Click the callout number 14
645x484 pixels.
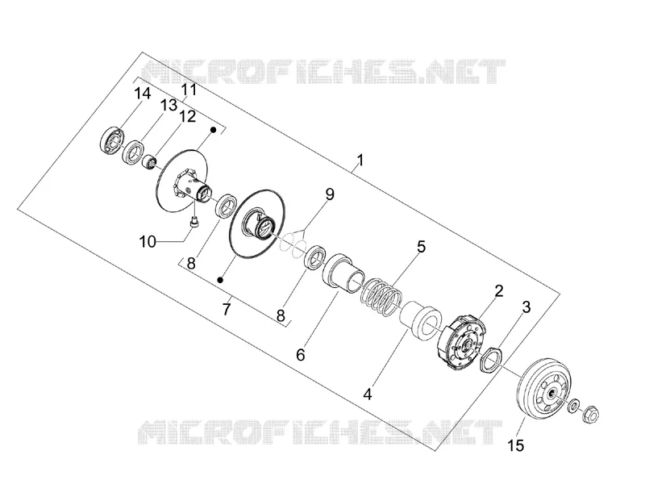point(143,94)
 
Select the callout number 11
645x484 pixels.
point(189,90)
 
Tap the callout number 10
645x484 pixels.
point(148,241)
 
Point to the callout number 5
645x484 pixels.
point(421,247)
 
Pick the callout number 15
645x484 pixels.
point(516,445)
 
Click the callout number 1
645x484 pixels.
point(360,160)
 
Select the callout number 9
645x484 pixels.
point(330,194)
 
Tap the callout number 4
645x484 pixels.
point(368,394)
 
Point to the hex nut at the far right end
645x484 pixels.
point(590,413)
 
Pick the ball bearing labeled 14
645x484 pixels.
point(112,139)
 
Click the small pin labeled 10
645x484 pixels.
point(193,222)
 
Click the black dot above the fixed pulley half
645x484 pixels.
point(214,130)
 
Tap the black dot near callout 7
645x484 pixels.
point(220,280)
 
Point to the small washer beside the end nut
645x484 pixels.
point(573,406)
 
